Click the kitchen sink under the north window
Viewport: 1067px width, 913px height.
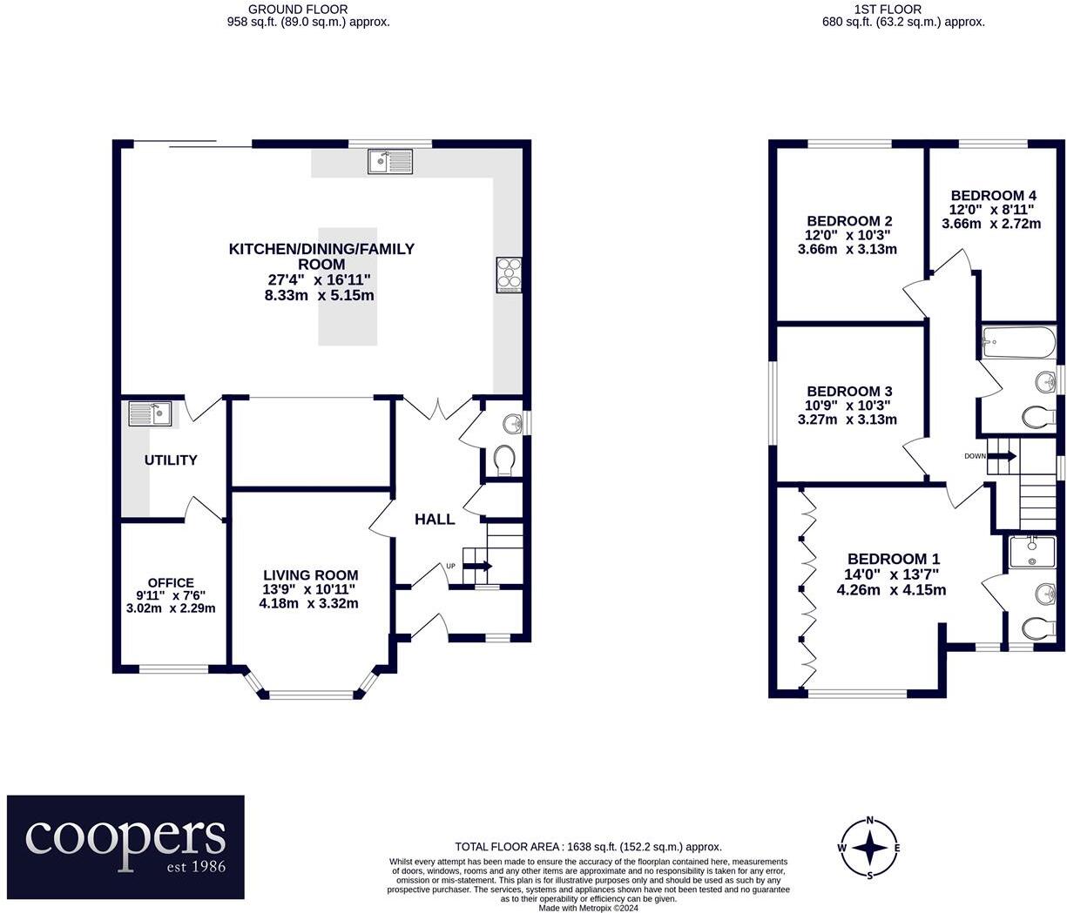click(390, 162)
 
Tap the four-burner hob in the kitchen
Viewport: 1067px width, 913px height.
click(510, 275)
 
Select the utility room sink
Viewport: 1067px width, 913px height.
click(151, 413)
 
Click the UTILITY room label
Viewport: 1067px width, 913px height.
click(171, 460)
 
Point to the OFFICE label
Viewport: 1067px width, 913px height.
click(171, 582)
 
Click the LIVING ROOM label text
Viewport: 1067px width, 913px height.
click(311, 574)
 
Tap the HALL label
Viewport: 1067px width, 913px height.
click(435, 519)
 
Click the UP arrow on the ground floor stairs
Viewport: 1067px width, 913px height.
click(476, 566)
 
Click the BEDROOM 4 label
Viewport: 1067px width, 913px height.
click(993, 195)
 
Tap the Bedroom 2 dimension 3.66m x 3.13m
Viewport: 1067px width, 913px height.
click(847, 249)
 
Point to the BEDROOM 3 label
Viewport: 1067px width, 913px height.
click(848, 392)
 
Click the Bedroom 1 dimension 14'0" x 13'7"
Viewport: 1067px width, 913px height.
click(893, 574)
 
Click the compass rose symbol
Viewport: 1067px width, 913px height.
click(869, 848)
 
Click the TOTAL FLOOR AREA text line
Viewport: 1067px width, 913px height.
click(588, 846)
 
